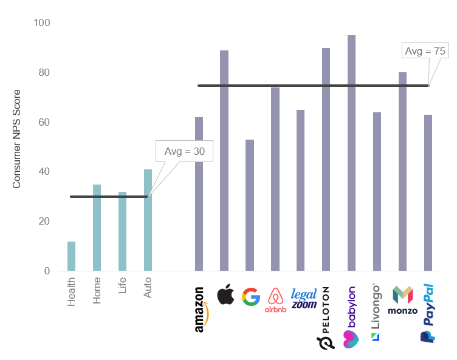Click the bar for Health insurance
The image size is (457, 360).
coord(72,256)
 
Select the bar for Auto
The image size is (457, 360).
coord(148,220)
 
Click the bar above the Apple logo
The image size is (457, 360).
coord(224,160)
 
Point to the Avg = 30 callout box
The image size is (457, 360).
coord(184,151)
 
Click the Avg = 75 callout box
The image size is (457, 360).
coord(425,51)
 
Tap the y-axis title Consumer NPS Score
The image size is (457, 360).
coord(17,138)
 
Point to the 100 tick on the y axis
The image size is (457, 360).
coord(42,23)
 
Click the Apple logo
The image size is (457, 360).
coord(225,294)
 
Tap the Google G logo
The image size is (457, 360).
coord(250,296)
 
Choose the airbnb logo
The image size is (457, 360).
coord(275,300)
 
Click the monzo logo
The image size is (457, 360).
coord(403,300)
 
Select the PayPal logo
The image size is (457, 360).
coord(427,313)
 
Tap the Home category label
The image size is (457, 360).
coord(97,291)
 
